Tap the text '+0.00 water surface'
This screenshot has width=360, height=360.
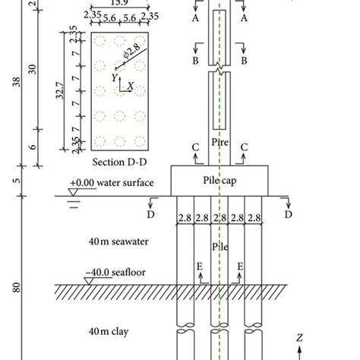click(111, 184)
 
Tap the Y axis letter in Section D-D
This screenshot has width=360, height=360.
click(114, 77)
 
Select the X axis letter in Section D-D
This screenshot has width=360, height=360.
click(130, 86)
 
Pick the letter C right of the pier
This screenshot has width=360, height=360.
click(245, 147)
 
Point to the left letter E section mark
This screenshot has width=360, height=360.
click(201, 267)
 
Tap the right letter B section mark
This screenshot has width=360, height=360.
click(244, 58)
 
